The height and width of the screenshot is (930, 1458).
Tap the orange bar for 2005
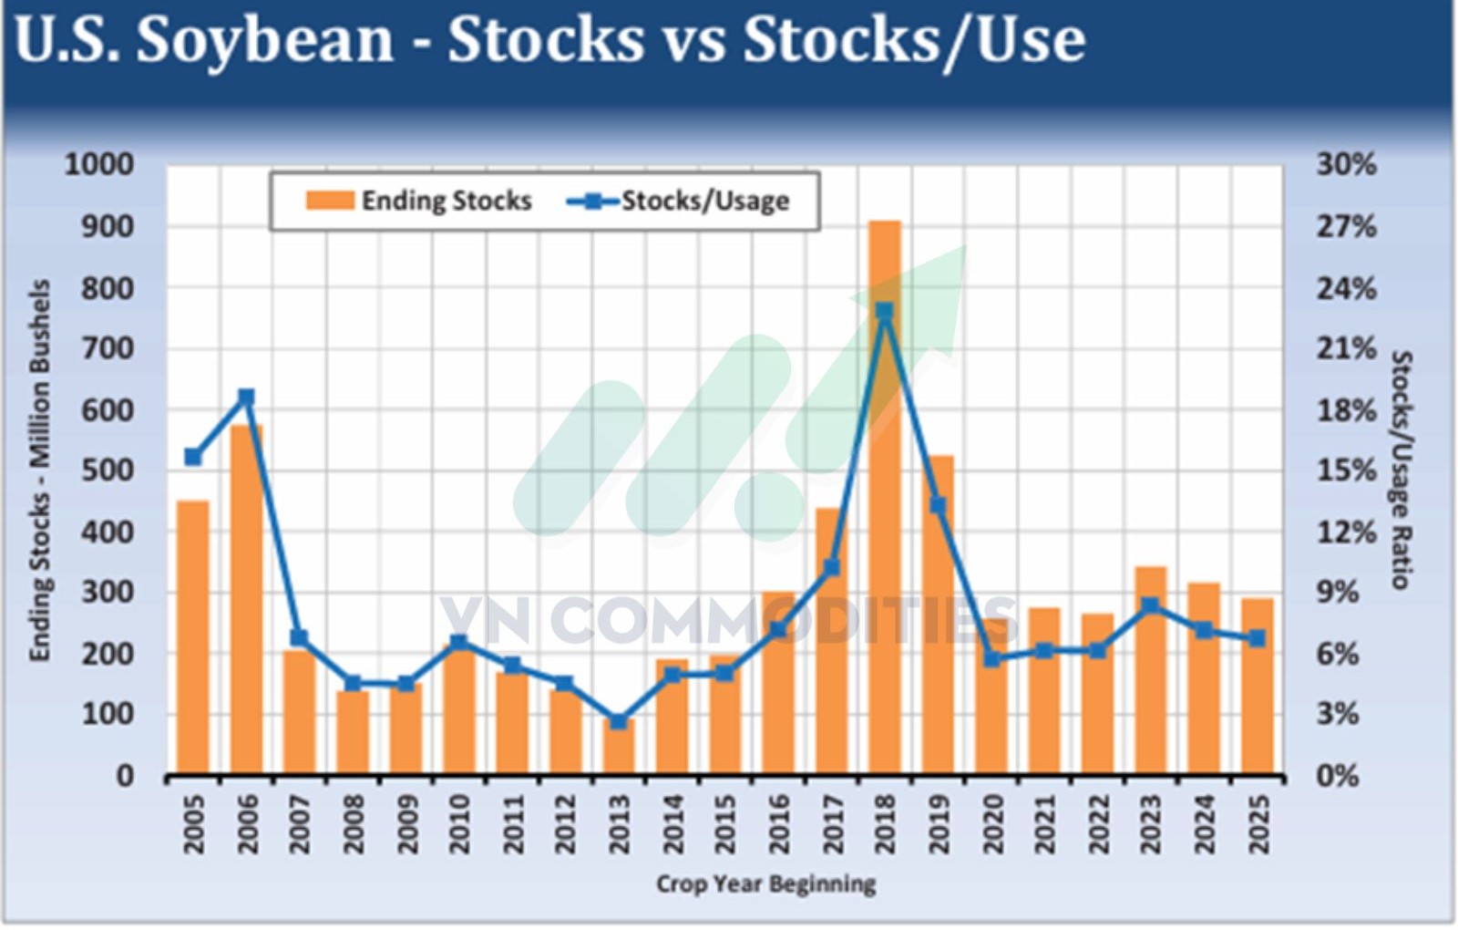pyautogui.click(x=192, y=638)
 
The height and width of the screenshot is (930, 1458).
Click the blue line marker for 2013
pyautogui.click(x=619, y=721)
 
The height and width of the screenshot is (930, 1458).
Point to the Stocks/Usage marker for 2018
pyautogui.click(x=884, y=312)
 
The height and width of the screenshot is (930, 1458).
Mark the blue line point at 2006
pyautogui.click(x=246, y=398)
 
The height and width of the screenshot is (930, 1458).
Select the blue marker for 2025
pyautogui.click(x=1258, y=638)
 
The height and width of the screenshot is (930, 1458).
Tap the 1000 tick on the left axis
pyautogui.click(x=98, y=165)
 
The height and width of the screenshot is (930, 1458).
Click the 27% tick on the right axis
pyautogui.click(x=1346, y=226)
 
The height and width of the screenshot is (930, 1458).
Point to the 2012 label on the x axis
pyautogui.click(x=566, y=823)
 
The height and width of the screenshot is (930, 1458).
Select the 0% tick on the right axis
pyautogui.click(x=1338, y=776)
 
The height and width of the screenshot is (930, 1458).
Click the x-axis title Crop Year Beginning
pyautogui.click(x=765, y=883)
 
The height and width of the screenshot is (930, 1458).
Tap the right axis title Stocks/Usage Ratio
pyautogui.click(x=1401, y=470)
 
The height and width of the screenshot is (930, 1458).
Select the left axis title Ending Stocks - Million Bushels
pyautogui.click(x=39, y=470)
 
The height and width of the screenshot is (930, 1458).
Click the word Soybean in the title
pyautogui.click(x=265, y=40)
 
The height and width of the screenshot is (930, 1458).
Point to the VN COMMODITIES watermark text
pyautogui.click(x=729, y=620)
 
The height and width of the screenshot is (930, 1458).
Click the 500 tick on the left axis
pyautogui.click(x=108, y=470)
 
